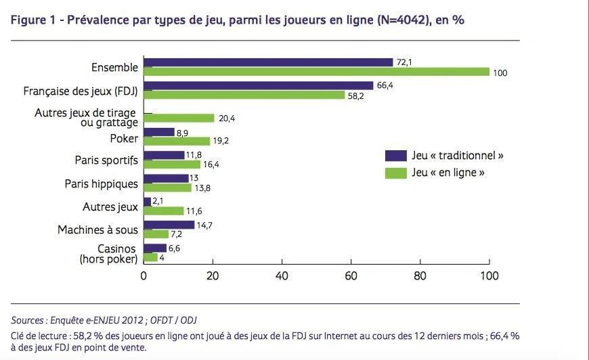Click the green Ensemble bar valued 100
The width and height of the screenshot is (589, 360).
(x=316, y=72)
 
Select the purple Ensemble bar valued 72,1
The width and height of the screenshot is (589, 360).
(x=268, y=62)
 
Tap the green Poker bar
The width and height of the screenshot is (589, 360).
(x=177, y=141)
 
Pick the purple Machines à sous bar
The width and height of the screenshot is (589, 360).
(x=169, y=225)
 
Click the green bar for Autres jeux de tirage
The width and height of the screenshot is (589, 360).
(x=179, y=118)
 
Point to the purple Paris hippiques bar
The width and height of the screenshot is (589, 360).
(x=166, y=178)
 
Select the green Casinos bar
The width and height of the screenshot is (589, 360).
(x=150, y=257)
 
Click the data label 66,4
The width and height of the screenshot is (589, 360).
(x=385, y=85)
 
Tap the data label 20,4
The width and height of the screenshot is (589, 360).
(x=227, y=118)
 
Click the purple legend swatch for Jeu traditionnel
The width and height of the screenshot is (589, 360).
(x=395, y=156)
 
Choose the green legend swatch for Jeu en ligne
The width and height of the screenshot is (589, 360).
(x=395, y=173)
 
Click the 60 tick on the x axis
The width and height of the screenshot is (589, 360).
(x=351, y=276)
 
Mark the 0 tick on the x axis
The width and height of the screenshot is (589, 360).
(x=144, y=276)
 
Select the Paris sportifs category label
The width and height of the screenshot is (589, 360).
(x=106, y=160)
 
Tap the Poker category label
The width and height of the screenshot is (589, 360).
(x=124, y=138)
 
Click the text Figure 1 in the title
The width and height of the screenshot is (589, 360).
(x=33, y=20)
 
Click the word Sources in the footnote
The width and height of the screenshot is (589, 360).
(x=27, y=320)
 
